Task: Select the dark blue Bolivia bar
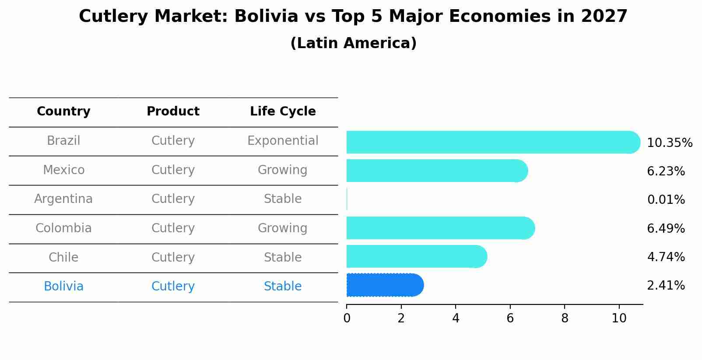pos(384,285)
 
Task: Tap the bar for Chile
pos(416,256)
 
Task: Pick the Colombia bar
pos(440,228)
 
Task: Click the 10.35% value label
pos(669,143)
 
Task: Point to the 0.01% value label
pos(666,200)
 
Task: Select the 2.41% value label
pos(666,286)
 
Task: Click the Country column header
pos(63,112)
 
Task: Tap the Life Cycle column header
pos(283,112)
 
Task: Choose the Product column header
pos(173,112)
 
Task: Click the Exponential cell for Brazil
pos(283,141)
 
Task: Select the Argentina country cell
pos(63,199)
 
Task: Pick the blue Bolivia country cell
pos(63,287)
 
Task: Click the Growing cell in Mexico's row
pos(283,170)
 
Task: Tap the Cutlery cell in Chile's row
pos(173,257)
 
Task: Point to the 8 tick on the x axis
pos(565,318)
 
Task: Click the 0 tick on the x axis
pos(347,318)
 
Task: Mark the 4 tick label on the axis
pos(456,318)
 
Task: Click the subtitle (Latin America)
pos(353,43)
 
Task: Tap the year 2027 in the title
pos(604,17)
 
